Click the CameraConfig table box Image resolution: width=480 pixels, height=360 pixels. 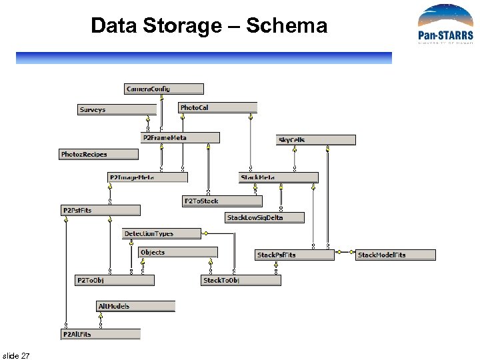click(x=164, y=89)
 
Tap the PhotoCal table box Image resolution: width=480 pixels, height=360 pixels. click(x=218, y=107)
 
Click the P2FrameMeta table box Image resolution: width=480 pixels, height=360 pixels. click(x=180, y=137)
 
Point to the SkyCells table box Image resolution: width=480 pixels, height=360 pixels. click(x=316, y=140)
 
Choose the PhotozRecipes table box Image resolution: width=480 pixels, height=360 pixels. click(x=99, y=155)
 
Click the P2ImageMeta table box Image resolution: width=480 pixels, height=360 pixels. click(x=147, y=177)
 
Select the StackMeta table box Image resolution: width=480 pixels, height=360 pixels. click(x=279, y=177)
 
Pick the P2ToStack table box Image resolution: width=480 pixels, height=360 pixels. click(x=223, y=201)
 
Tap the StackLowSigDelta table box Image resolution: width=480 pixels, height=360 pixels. click(x=265, y=217)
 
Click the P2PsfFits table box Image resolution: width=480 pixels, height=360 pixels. click(x=101, y=211)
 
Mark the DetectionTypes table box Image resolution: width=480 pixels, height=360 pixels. click(x=162, y=233)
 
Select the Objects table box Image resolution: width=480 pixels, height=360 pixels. click(x=178, y=253)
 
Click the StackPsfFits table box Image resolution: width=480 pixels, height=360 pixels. click(x=295, y=255)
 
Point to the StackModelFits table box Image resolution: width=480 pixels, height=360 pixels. click(x=396, y=255)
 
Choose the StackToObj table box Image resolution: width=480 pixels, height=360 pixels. click(x=241, y=281)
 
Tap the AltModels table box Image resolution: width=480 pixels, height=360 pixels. click(x=136, y=306)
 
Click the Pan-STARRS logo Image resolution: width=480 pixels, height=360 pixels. click(x=445, y=24)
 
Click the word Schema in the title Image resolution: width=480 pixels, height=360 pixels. click(x=287, y=26)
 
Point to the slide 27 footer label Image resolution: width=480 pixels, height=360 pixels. click(x=16, y=355)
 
